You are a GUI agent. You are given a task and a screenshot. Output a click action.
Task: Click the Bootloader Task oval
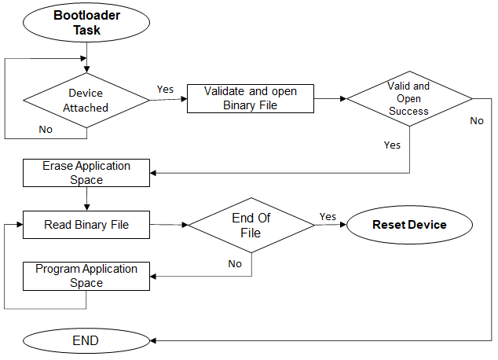pyautogui.click(x=87, y=23)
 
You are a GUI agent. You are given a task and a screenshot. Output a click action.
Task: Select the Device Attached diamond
pyautogui.click(x=86, y=100)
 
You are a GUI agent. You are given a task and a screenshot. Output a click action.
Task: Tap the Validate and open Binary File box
pyautogui.click(x=251, y=98)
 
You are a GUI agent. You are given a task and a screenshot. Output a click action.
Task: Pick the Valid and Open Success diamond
pyautogui.click(x=408, y=99)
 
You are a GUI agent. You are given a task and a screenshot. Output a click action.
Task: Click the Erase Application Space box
pyautogui.click(x=86, y=173)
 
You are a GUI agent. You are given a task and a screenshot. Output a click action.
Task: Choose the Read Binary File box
pyautogui.click(x=86, y=225)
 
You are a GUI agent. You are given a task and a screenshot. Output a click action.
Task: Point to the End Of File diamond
pyautogui.click(x=251, y=225)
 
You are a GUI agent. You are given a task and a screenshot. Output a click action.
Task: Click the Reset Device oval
pyautogui.click(x=409, y=225)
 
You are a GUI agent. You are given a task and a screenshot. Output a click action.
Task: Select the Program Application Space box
pyautogui.click(x=86, y=276)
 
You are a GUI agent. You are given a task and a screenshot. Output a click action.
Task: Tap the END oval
pyautogui.click(x=86, y=340)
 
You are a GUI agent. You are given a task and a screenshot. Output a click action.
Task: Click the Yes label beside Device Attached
pyautogui.click(x=166, y=89)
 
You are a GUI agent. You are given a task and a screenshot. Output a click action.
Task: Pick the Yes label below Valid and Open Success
pyautogui.click(x=392, y=145)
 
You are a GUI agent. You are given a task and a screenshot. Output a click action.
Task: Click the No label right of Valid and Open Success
pyautogui.click(x=477, y=121)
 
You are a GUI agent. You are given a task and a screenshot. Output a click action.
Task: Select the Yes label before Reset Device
pyautogui.click(x=328, y=216)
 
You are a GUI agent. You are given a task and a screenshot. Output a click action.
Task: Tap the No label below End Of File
pyautogui.click(x=235, y=264)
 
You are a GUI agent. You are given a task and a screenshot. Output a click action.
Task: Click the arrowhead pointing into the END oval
pyautogui.click(x=153, y=340)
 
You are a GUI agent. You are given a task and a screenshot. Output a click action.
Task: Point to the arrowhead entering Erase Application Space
pyautogui.click(x=155, y=173)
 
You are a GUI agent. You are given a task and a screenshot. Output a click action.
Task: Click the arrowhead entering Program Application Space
pyautogui.click(x=155, y=276)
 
